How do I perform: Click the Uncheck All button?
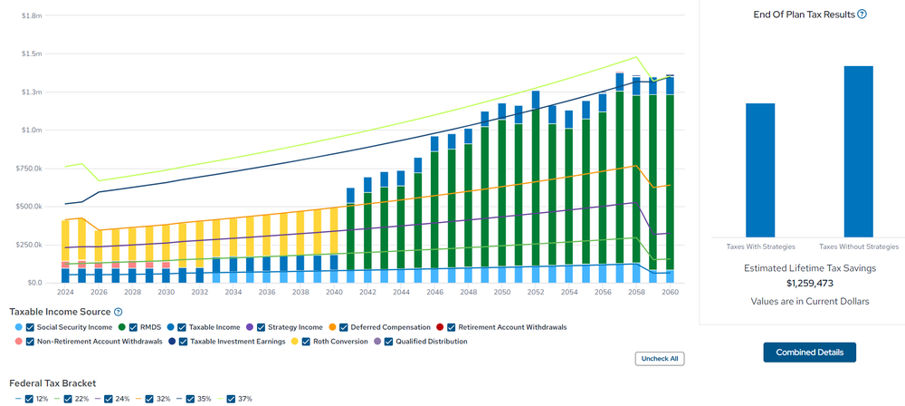point(659,358)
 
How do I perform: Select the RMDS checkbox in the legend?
point(132,327)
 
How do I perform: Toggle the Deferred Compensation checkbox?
point(345,327)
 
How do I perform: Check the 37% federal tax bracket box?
point(231,399)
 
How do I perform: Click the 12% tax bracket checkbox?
point(30,399)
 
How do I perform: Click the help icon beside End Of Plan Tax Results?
point(862,14)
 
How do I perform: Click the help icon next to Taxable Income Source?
point(118,312)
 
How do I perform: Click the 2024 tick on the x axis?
point(65,293)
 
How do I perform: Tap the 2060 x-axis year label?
point(670,293)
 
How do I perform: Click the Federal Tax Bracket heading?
point(52,383)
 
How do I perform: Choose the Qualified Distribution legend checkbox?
point(390,342)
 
